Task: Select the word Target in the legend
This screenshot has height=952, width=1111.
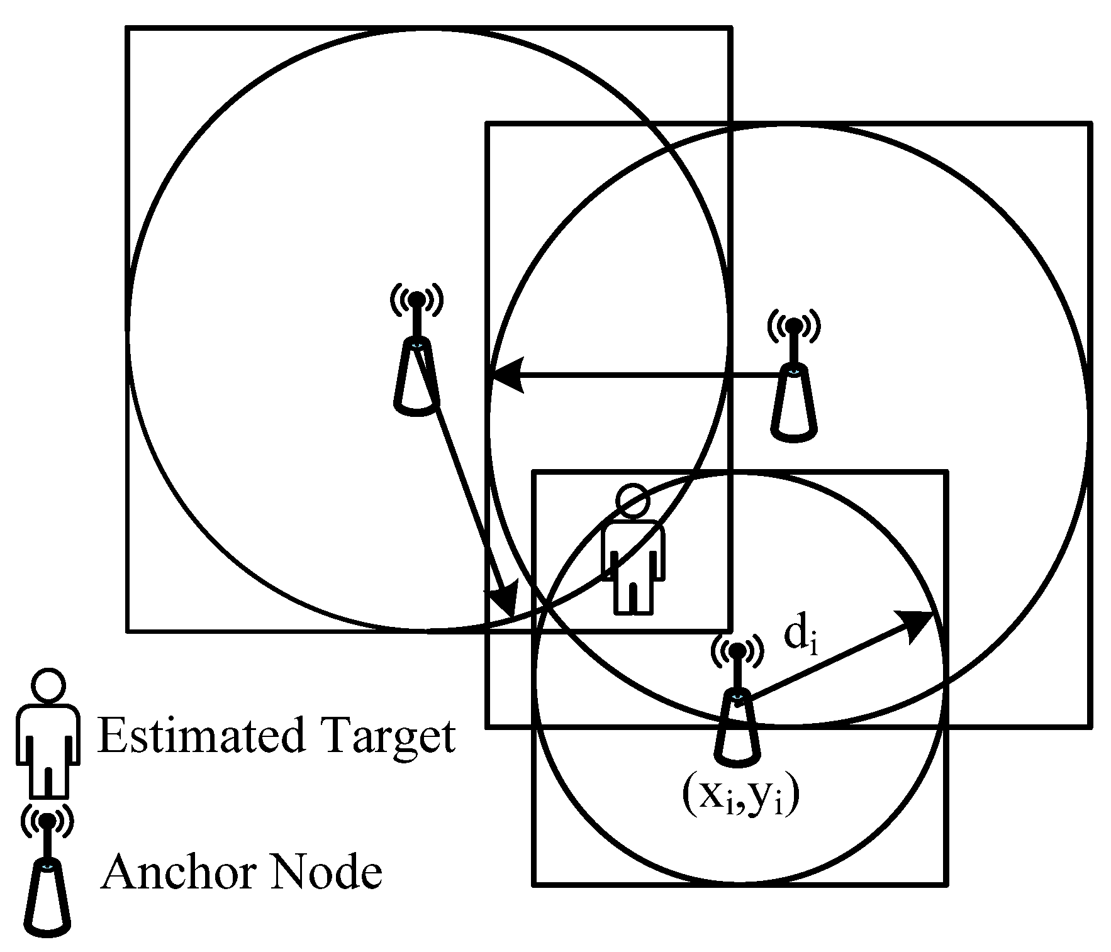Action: coord(390,737)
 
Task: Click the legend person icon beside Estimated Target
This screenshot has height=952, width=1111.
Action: coord(48,733)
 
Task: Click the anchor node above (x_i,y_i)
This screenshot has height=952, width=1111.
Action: coord(737,704)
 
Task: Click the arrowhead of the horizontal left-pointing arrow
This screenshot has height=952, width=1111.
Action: coord(506,376)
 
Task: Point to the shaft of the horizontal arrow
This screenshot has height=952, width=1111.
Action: coord(648,376)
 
